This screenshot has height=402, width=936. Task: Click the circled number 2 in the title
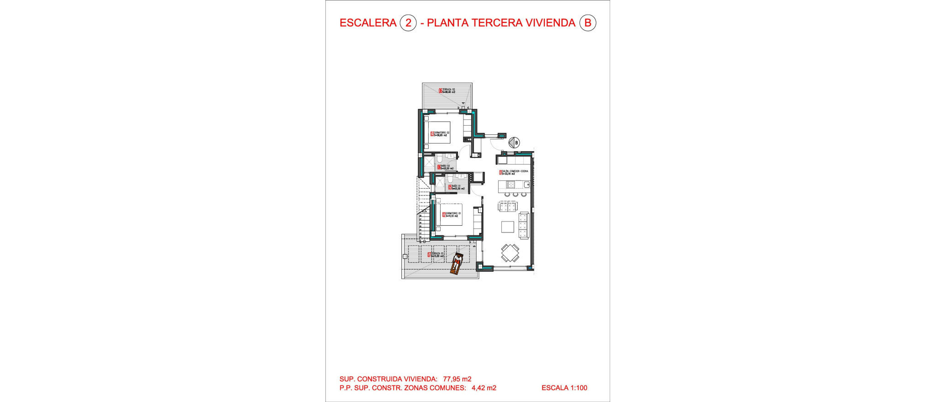point(408,23)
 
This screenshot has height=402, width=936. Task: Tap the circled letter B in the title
point(588,23)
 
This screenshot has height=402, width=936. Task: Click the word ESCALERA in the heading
point(368,23)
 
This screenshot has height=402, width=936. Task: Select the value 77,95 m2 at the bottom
point(457,379)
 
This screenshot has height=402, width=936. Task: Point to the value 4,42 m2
point(484,388)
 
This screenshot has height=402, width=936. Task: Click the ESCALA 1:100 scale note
point(564,388)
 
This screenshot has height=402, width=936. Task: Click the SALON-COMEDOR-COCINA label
point(514,172)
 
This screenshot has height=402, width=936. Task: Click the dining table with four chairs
point(510,252)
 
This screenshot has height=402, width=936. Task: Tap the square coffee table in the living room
point(508,227)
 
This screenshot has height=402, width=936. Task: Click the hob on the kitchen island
point(511,185)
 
